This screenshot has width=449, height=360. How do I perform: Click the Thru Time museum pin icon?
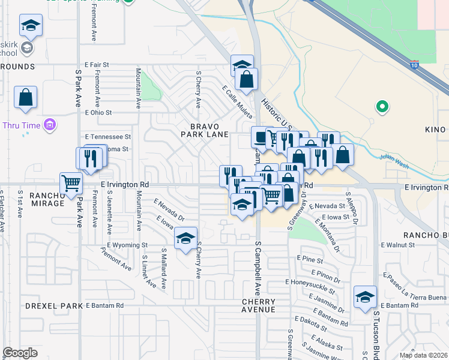(50, 125)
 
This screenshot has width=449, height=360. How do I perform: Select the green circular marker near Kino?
(381, 107)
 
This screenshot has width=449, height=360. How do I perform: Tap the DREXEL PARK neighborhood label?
(53, 305)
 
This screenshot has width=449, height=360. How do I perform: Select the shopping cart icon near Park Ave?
(71, 182)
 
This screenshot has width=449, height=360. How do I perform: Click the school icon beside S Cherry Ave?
(186, 238)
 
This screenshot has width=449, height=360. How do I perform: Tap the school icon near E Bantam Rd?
(365, 297)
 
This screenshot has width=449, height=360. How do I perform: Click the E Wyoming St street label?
(128, 245)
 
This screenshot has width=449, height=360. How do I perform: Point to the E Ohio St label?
(99, 112)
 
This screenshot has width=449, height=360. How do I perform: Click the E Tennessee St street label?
(108, 137)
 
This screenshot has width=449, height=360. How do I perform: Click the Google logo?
(20, 353)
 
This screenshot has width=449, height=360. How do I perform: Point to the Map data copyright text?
(423, 355)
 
